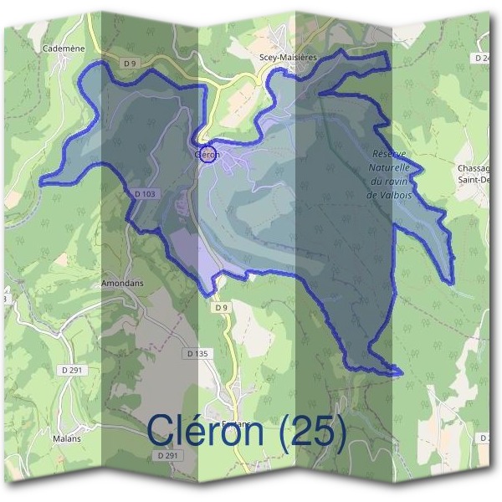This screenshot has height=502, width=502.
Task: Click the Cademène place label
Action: [x=64, y=49]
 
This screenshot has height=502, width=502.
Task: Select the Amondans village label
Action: [x=122, y=284]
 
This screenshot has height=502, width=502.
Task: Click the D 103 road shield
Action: [x=145, y=194]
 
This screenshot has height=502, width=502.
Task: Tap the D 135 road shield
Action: [x=197, y=354]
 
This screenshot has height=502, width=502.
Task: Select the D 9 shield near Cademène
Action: [x=129, y=64]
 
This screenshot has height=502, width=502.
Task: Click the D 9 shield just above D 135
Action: [x=221, y=308]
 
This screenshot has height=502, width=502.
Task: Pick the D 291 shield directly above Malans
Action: [x=72, y=369]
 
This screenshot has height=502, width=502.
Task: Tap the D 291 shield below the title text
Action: [x=168, y=455]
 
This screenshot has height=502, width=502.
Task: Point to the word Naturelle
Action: [x=390, y=168]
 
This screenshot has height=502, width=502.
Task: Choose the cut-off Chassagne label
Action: [x=477, y=168]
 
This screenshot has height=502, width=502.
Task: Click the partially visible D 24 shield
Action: [x=481, y=58]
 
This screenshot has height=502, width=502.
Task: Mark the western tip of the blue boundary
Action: [x=40, y=181]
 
